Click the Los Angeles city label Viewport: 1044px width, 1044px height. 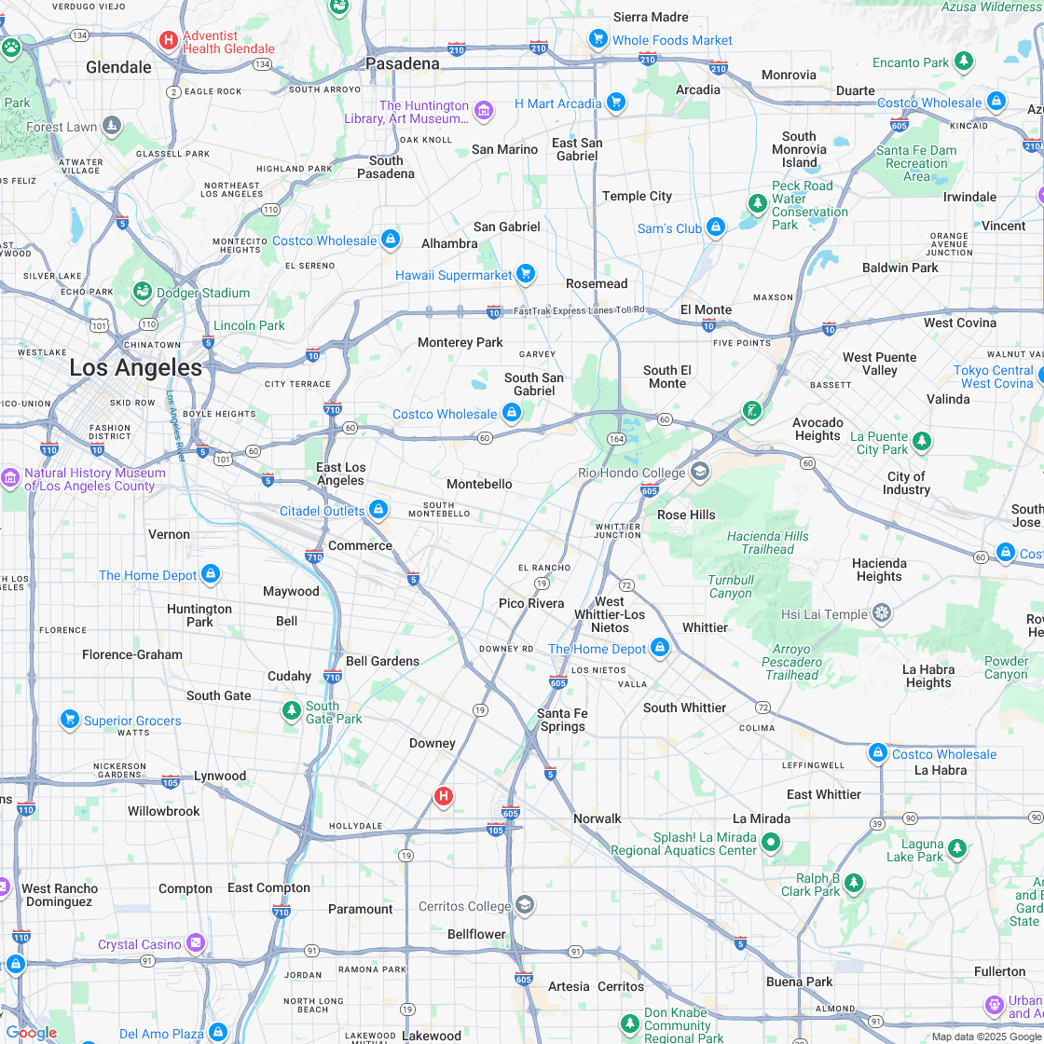tap(135, 367)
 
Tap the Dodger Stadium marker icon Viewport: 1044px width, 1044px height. tap(143, 293)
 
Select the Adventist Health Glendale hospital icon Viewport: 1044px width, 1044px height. tap(169, 40)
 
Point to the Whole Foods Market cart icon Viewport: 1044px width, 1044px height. tap(598, 38)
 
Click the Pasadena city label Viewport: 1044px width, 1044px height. tap(402, 63)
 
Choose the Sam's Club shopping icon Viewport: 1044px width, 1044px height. tap(716, 227)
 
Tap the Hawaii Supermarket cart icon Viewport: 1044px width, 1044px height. tap(526, 273)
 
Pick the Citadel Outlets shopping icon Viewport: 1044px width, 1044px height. tap(378, 510)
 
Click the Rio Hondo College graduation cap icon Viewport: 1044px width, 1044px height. tap(700, 471)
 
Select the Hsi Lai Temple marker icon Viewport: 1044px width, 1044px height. tap(882, 613)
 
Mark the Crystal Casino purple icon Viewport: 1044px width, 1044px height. tap(196, 943)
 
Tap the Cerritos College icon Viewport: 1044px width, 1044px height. tap(525, 905)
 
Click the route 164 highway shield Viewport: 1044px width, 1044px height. tap(616, 438)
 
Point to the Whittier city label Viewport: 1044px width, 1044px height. tap(705, 627)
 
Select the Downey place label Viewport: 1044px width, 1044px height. tap(433, 743)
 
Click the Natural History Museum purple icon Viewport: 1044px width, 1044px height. tap(10, 477)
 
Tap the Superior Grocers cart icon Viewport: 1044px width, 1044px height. tap(69, 719)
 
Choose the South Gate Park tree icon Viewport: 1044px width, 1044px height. tap(292, 711)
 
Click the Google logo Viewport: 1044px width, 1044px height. tap(31, 1033)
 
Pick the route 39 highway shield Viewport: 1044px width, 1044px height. tap(877, 823)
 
